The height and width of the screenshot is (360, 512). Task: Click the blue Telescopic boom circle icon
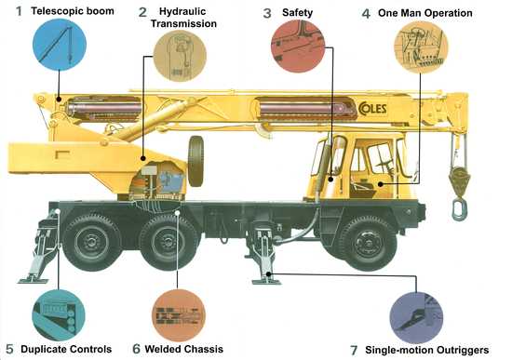60,45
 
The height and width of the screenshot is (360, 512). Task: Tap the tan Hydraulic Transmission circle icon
180,56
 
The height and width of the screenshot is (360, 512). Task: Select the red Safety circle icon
298,46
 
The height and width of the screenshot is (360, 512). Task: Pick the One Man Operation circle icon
421,47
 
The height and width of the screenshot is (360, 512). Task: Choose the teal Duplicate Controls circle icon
59,315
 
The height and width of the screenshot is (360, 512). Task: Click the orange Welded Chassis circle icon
179,315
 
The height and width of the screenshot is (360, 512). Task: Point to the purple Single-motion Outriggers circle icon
416,317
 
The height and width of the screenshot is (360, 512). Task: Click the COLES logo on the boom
372,109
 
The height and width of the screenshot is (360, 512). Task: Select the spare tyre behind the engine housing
195,161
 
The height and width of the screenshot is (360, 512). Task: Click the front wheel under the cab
369,243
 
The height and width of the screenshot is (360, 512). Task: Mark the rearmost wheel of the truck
92,242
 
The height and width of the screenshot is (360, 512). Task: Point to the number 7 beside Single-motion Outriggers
354,350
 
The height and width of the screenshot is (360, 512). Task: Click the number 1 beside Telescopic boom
20,11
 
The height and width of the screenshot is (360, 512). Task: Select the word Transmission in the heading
183,23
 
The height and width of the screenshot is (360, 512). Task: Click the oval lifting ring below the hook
460,210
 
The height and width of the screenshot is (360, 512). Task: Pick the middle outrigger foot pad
267,282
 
